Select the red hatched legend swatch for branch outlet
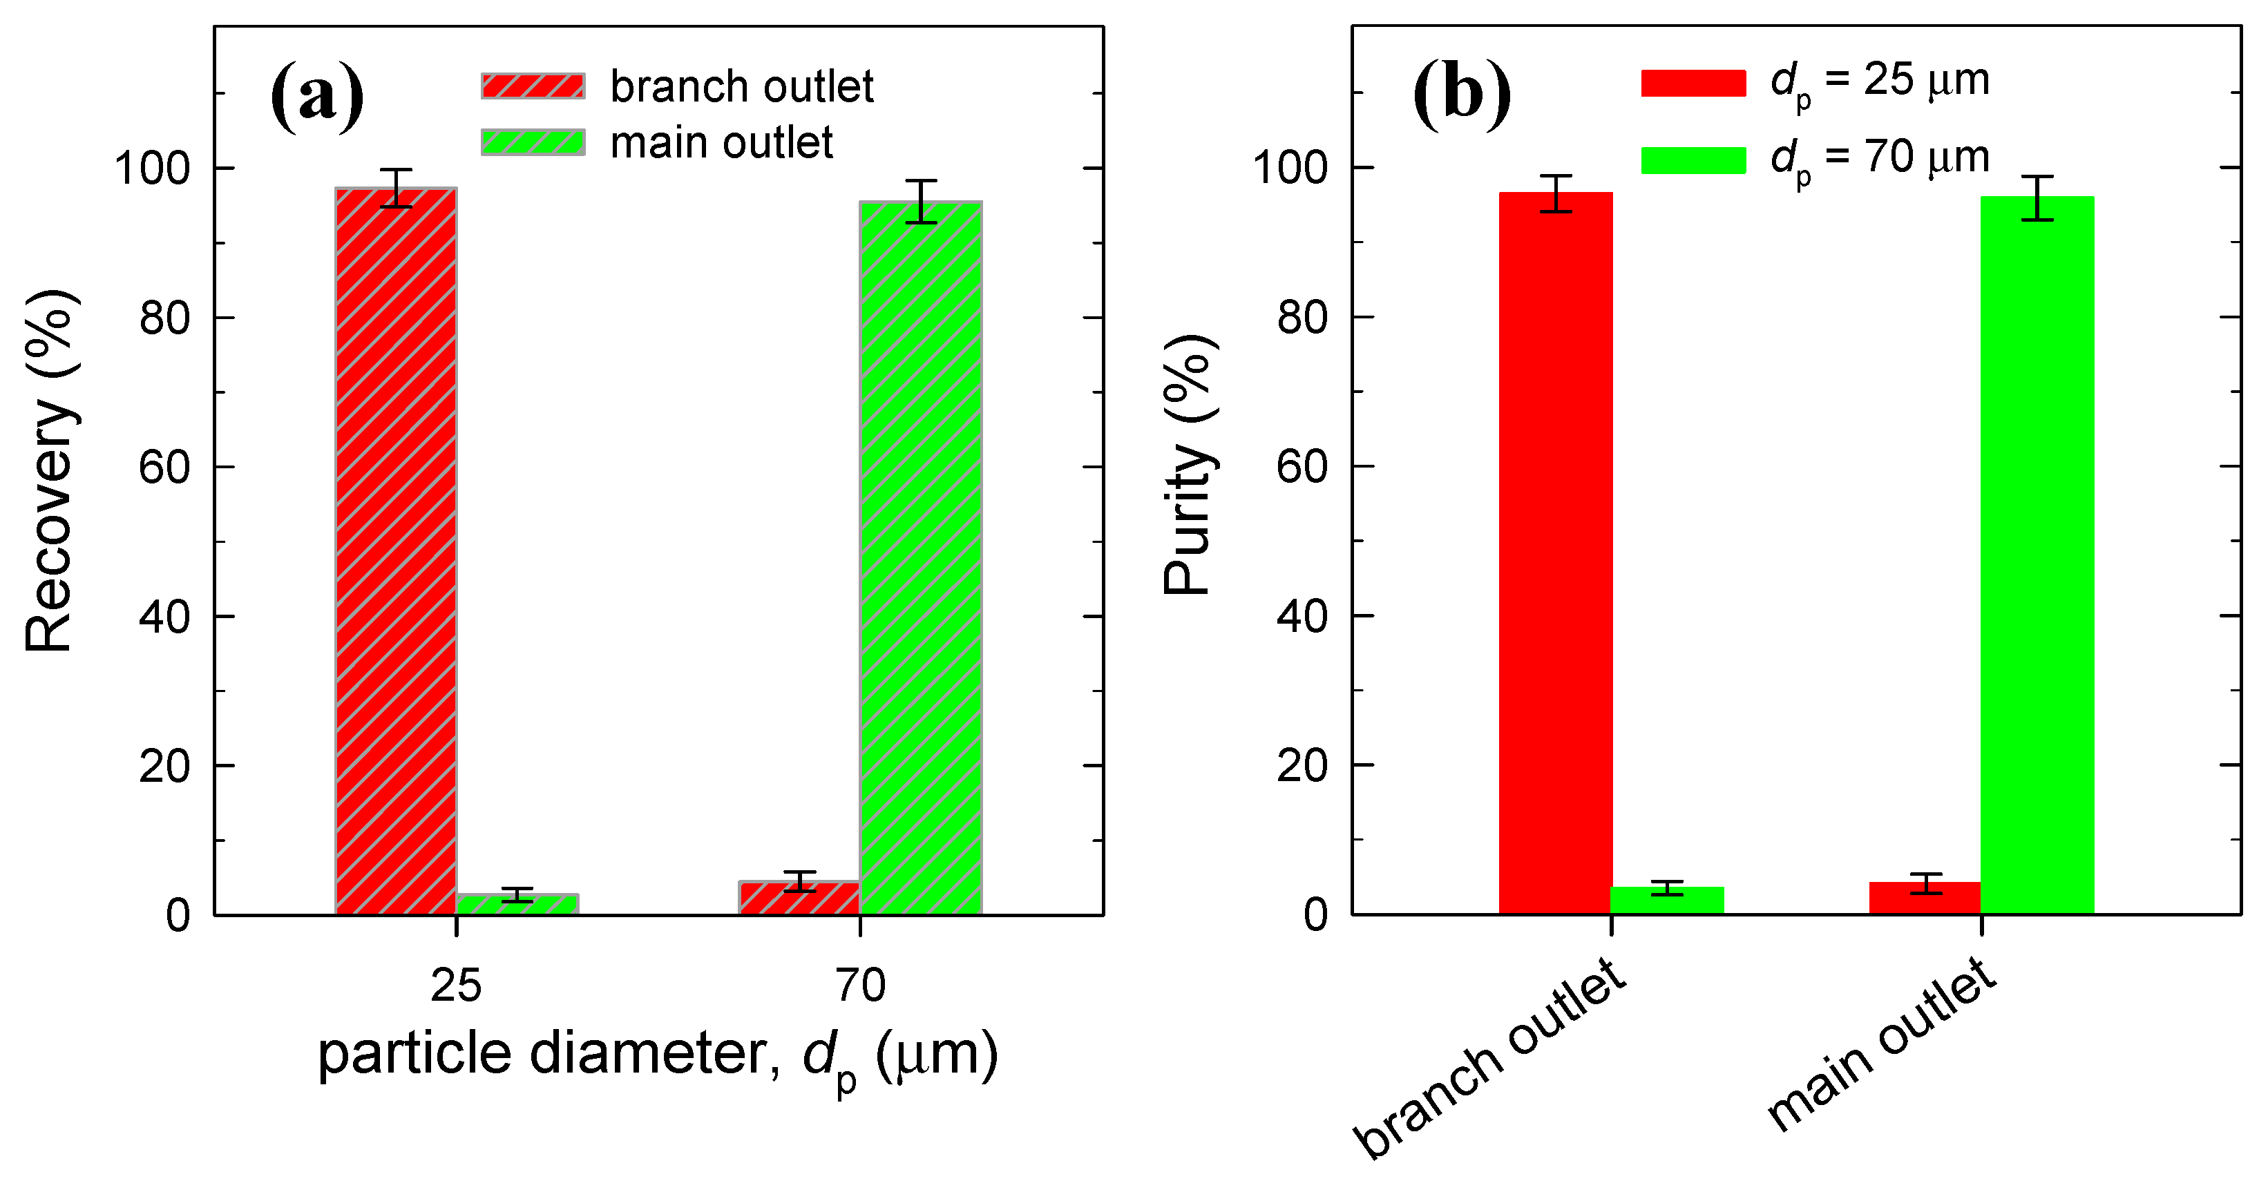click(x=533, y=86)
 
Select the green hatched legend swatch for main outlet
click(x=533, y=142)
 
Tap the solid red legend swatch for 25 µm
click(x=1693, y=82)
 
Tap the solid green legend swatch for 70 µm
click(x=1693, y=160)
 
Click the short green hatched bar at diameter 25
click(x=517, y=904)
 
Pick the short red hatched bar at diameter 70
click(x=799, y=898)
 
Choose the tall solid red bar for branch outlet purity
click(x=1555, y=553)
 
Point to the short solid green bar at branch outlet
click(x=1667, y=901)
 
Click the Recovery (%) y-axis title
click(x=50, y=471)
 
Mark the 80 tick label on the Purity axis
click(x=1302, y=318)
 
